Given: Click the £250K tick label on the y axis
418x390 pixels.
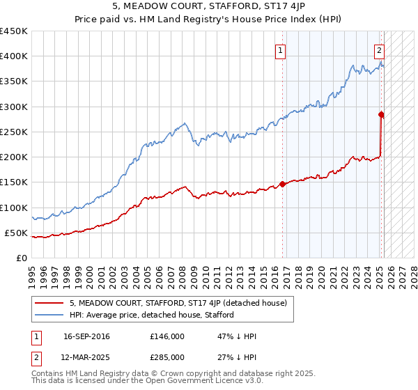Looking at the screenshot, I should pyautogui.click(x=14, y=132).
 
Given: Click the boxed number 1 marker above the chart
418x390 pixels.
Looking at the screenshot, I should pyautogui.click(x=280, y=50).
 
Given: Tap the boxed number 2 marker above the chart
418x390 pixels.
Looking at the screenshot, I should pyautogui.click(x=379, y=50).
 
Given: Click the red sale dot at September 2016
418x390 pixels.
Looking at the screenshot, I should pyautogui.click(x=283, y=184).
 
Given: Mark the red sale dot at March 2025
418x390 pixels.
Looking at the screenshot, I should pyautogui.click(x=381, y=114).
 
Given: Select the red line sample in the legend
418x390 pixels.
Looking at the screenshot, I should pyautogui.click(x=49, y=303).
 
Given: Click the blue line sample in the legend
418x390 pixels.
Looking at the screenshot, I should pyautogui.click(x=49, y=315).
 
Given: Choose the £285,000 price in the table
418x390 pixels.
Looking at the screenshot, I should pyautogui.click(x=167, y=357).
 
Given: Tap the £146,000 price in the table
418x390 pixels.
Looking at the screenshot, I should pyautogui.click(x=167, y=336).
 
